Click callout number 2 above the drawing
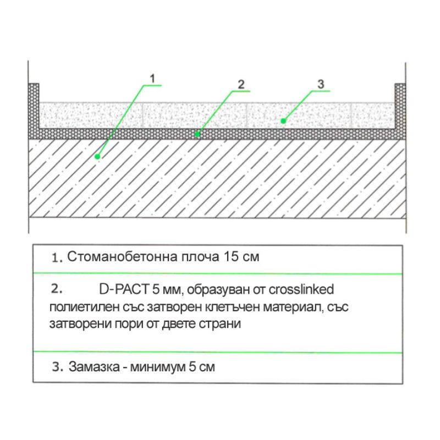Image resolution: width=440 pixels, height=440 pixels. pos(240,84)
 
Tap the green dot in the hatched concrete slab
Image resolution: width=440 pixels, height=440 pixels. pos(97,157)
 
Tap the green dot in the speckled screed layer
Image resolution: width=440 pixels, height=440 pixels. pos(283,120)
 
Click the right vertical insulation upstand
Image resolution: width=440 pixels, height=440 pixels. pos(400,107)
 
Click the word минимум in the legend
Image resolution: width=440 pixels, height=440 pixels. pos(156,367)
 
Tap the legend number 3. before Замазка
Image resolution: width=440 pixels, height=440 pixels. pos(58,367)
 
